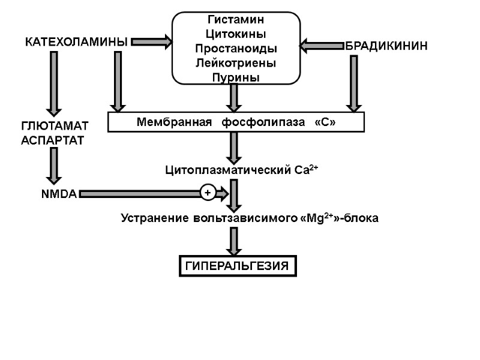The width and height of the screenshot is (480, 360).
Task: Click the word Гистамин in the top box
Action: point(235,20)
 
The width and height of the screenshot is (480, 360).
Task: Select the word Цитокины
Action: point(235,34)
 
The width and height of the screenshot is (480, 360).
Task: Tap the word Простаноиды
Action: point(235,48)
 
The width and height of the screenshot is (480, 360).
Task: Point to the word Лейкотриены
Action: point(235,62)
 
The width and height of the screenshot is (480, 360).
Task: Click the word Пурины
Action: point(235,77)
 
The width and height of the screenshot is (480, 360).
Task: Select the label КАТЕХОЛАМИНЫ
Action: point(76,43)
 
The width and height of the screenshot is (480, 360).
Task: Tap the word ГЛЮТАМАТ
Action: point(55,126)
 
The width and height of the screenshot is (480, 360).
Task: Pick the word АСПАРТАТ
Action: point(53,140)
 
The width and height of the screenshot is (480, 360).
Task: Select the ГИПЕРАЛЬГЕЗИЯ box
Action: point(238,265)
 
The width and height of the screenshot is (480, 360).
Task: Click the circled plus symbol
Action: point(208,193)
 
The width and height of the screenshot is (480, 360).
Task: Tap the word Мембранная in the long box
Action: point(175,122)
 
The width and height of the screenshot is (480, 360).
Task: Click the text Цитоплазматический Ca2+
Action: point(242,170)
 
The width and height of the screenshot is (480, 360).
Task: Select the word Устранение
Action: point(154,218)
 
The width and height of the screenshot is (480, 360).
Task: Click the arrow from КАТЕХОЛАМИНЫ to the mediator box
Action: point(151,42)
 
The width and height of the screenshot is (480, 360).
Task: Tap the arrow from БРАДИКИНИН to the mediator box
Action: point(322,45)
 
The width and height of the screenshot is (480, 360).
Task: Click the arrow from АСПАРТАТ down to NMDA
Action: point(54,166)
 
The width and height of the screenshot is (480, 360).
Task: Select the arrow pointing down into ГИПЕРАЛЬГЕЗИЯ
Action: point(234,242)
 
